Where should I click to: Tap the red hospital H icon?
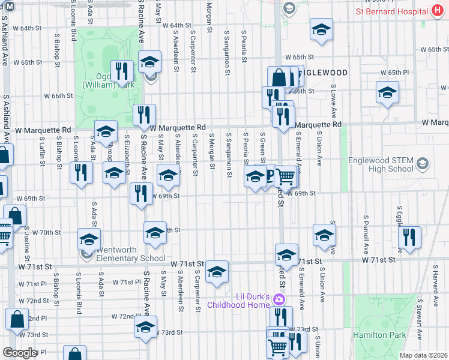[437, 11]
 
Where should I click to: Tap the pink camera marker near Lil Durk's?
[279, 299]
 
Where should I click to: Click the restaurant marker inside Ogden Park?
[122, 71]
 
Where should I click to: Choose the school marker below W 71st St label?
[217, 272]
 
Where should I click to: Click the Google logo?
[20, 353]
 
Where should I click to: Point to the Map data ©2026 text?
[423, 355]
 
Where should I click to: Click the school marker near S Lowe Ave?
[387, 93]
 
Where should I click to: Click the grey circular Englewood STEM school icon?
[423, 164]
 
